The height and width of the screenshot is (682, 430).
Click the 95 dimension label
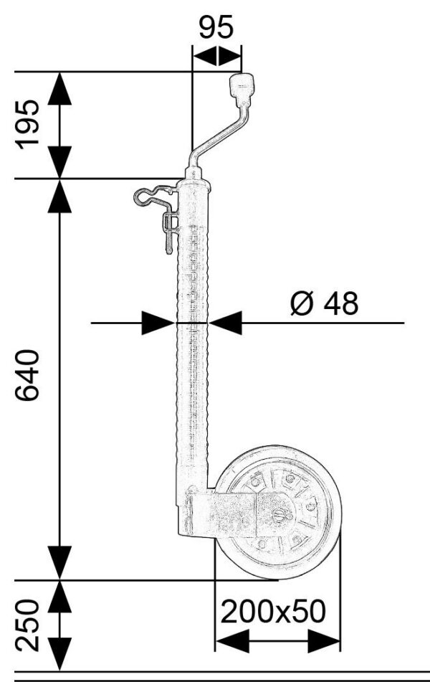[216, 27]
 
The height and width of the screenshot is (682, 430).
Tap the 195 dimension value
[28, 124]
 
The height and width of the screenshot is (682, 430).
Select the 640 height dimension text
[27, 374]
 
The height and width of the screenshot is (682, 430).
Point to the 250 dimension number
[27, 625]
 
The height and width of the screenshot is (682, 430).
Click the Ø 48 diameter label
[325, 303]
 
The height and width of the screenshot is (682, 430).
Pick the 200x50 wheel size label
[274, 611]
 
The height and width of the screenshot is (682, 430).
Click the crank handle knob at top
[242, 89]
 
